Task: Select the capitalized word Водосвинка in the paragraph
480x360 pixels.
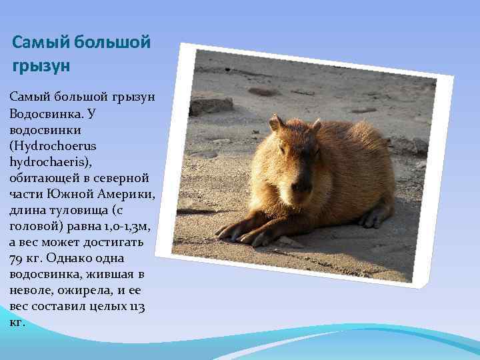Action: (x=44, y=113)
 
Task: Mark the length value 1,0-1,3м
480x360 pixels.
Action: (x=123, y=226)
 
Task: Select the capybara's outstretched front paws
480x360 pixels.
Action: (x=250, y=230)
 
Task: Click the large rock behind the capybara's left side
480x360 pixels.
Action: (x=211, y=105)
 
